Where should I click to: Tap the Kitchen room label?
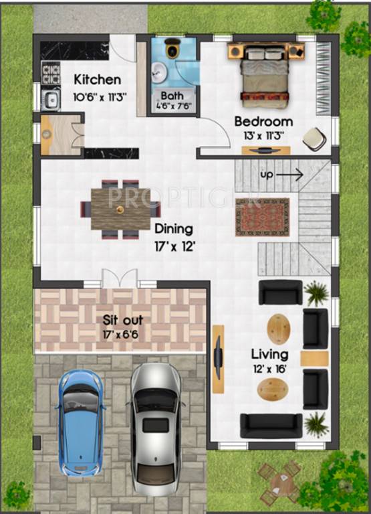97,79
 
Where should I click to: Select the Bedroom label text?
263,121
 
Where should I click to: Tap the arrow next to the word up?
288,174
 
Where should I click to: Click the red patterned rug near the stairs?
262,216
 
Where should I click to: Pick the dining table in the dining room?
121,208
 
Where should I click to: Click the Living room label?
269,354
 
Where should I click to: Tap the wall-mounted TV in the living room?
218,359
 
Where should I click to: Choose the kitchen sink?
51,100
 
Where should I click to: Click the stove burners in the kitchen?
49,74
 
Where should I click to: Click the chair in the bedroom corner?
315,139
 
